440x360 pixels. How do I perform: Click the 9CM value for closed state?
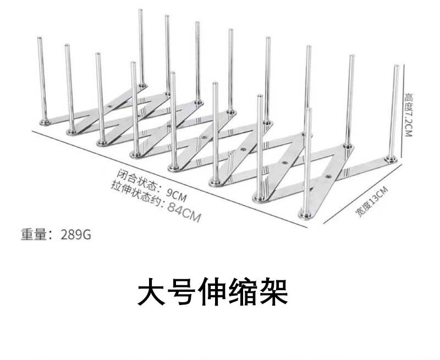177,194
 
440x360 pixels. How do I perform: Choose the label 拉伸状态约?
135,194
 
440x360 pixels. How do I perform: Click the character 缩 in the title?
243,293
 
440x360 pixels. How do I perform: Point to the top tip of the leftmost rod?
40,38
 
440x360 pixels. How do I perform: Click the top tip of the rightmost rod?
396,67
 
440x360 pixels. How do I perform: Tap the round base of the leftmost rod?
43,120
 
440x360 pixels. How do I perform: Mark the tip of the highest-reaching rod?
140,10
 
